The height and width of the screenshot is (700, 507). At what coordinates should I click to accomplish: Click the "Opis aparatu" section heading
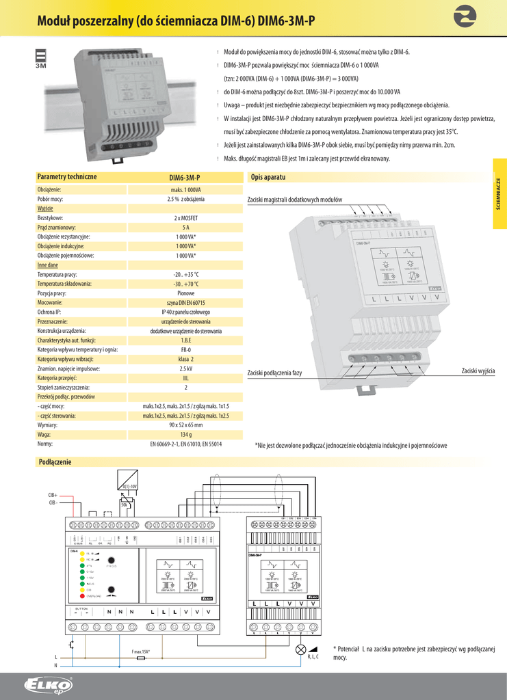click(268, 177)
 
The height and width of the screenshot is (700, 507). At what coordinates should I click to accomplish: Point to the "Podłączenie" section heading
click(55, 462)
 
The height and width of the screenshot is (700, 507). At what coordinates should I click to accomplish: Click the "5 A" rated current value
click(186, 227)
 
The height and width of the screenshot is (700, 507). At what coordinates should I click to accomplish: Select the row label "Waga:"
click(44, 434)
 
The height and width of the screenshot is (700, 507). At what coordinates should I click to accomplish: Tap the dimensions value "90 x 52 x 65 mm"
click(186, 425)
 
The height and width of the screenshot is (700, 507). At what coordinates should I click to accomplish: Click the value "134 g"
click(186, 434)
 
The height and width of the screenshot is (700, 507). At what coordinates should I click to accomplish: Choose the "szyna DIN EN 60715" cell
click(186, 301)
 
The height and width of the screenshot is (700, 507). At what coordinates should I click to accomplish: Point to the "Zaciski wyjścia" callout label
click(478, 371)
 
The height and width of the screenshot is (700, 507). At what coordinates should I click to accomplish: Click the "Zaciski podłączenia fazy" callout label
click(274, 373)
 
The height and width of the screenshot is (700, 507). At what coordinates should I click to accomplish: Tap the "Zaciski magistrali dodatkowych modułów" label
click(294, 200)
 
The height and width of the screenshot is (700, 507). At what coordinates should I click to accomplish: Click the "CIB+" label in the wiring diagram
click(53, 495)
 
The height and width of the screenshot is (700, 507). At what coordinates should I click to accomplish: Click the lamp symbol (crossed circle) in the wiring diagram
click(300, 650)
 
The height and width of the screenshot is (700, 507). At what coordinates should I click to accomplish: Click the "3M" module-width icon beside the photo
click(40, 59)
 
